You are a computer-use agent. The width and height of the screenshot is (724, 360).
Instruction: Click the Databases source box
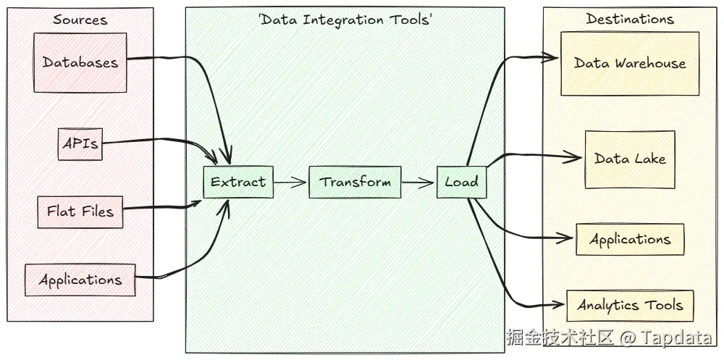click(80, 62)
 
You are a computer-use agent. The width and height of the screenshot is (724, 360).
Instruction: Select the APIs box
click(80, 143)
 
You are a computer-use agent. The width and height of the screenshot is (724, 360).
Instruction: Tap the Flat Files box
click(80, 212)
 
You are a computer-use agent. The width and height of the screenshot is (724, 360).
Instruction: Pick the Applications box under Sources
click(80, 280)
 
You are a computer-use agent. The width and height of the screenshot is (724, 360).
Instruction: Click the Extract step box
click(238, 182)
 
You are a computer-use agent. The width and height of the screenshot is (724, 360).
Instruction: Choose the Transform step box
click(355, 182)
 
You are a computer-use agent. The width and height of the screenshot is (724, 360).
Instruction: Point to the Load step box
click(461, 182)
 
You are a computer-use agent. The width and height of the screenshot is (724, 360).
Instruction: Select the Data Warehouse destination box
click(630, 64)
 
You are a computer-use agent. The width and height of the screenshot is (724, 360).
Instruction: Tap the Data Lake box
click(630, 159)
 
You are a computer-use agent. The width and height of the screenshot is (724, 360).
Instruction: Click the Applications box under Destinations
click(630, 240)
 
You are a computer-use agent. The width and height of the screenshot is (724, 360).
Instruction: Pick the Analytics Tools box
click(630, 305)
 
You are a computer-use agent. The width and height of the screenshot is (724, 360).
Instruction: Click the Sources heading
click(80, 20)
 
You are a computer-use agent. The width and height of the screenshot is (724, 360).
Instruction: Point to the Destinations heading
click(630, 20)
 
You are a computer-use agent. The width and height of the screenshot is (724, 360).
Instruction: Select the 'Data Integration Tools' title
click(345, 20)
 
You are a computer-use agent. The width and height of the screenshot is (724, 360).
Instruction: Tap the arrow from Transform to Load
click(418, 183)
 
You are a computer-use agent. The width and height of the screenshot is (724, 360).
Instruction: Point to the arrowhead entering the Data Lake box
click(577, 156)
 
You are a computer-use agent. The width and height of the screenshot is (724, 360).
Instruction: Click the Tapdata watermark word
click(676, 338)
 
